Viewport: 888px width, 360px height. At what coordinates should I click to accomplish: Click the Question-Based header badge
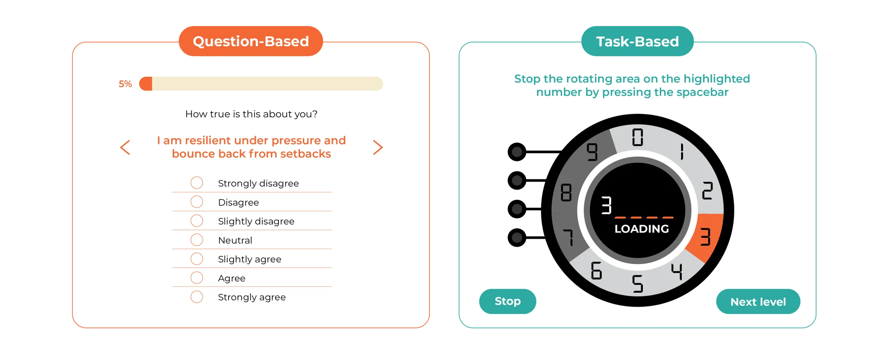[251, 41]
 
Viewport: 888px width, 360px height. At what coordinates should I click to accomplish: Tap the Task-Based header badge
[638, 41]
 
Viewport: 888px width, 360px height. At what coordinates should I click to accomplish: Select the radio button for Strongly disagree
[197, 182]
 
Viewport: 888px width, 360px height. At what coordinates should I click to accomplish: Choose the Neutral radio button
[197, 240]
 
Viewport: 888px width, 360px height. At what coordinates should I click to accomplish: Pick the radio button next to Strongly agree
[197, 297]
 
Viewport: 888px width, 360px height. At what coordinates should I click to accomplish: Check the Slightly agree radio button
[197, 258]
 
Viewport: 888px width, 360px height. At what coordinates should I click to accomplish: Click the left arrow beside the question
[125, 147]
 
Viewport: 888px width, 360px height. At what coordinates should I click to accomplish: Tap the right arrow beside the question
[378, 147]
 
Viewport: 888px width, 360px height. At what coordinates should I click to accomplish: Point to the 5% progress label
[125, 84]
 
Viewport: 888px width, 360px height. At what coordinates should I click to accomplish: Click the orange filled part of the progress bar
[146, 84]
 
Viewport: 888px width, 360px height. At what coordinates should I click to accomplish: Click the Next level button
[758, 302]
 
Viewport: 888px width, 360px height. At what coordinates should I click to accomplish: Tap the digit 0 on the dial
[638, 137]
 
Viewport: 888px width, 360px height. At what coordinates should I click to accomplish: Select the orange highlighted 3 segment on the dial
[705, 237]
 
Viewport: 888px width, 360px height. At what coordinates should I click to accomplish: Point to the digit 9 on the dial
[592, 152]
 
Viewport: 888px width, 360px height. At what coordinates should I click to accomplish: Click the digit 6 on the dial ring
[596, 270]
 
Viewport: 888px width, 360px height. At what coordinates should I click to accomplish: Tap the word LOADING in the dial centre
[642, 229]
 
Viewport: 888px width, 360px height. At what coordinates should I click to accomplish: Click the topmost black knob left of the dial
[517, 152]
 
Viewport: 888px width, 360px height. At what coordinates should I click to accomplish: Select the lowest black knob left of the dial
[517, 237]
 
